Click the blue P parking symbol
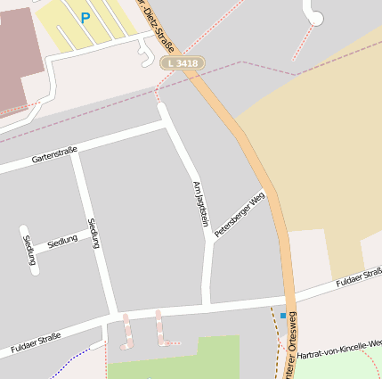pos(85,17)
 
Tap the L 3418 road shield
pos(183,63)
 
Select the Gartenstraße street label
pos(54,153)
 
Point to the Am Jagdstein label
pos(199,202)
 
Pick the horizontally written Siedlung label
pos(62,241)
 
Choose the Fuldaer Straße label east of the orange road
pos(360,278)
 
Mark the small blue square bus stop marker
pos(283,316)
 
